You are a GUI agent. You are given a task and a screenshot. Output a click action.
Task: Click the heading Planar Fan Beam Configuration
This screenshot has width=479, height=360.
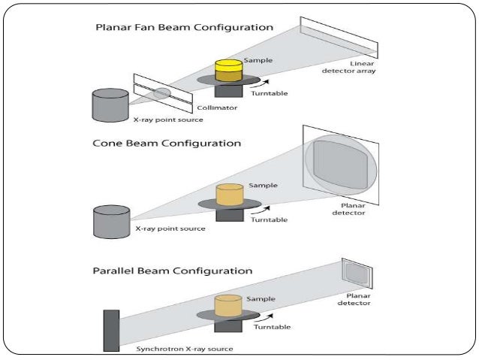pos(183,27)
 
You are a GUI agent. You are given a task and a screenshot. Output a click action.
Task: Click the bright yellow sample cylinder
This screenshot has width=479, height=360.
pos(227,71)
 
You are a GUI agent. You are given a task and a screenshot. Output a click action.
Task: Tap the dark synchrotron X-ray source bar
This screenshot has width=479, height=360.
pos(111,329)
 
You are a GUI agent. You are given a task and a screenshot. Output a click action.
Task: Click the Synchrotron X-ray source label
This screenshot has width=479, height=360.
pos(185,349)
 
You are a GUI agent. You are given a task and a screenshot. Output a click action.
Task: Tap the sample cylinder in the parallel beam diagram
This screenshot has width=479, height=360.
pos(228,305)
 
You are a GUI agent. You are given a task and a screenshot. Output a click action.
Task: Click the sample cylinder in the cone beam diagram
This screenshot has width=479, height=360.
pos(229,195)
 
